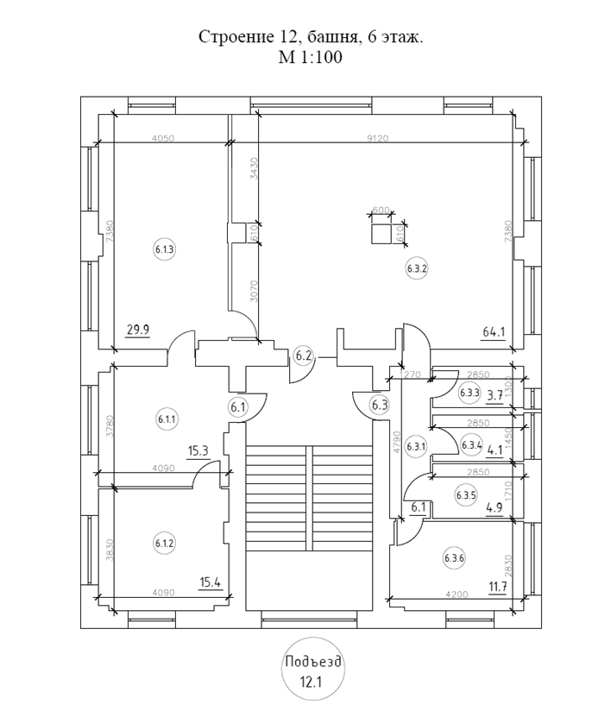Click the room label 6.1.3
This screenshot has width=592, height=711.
pos(165,250)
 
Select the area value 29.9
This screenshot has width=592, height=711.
pos(138,330)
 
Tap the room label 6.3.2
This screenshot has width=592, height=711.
pos(417,268)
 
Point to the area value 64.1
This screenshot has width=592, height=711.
pos(494,330)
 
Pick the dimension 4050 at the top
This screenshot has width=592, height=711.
pos(163,137)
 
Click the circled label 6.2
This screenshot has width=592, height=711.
pos(303,355)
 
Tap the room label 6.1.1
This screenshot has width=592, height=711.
pos(166,419)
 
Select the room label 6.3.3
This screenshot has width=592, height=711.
pos(469,393)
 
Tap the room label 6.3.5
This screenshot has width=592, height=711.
pos(466,495)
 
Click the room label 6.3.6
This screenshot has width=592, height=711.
pos(455,557)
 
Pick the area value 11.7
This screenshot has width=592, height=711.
pos(497,588)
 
